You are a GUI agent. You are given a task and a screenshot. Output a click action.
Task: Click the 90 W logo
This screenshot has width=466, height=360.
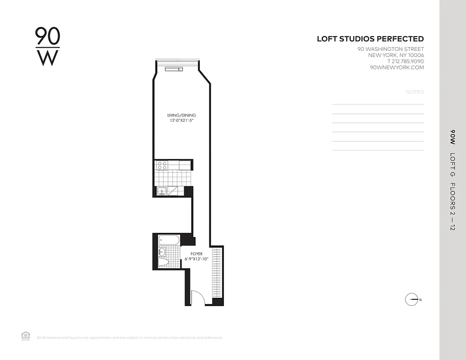pos(47,46)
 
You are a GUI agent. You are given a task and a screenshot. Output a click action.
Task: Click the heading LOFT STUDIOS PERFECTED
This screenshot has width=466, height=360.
pos(370,39)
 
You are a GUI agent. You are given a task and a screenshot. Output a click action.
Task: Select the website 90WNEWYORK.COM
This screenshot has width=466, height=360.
pos(397,67)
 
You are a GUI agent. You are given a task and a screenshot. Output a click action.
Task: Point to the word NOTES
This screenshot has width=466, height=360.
pos(415,92)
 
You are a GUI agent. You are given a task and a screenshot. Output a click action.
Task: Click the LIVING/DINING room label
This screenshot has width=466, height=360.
pos(181,116)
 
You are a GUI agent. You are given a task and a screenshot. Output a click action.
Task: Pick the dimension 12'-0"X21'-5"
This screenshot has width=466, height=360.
pos(181,121)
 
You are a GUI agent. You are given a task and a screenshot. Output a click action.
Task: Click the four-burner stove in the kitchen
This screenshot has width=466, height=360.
pos(162,166)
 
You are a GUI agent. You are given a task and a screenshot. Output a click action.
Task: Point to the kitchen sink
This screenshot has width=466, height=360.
pos(162,192)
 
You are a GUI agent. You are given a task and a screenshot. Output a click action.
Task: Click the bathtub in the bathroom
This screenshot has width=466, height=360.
pos(169,240)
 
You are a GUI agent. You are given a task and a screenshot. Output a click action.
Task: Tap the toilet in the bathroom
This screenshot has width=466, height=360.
pos(163,262)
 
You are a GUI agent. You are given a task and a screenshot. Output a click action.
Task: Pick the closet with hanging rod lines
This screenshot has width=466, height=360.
pos(217,272)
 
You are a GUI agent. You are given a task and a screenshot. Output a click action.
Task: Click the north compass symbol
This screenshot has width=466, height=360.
pos(412,300)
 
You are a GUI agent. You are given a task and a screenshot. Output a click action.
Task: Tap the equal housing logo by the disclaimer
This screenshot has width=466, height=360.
pos(26,336)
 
